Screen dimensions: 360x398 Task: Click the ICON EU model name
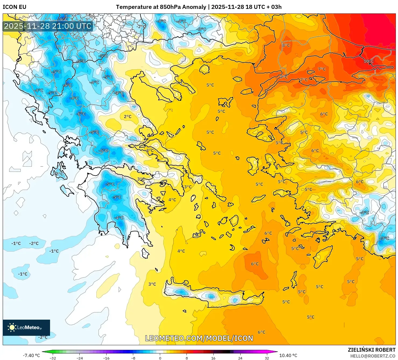tap(15, 7)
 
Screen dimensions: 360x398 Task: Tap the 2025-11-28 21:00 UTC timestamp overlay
tap(48, 26)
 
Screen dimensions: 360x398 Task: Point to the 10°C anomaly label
tap(368, 61)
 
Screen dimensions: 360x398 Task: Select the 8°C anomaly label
tap(286, 45)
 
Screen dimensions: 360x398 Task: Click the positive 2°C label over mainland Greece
tap(128, 117)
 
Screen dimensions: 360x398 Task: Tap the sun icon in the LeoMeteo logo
tap(12, 327)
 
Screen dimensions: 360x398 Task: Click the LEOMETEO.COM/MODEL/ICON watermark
tap(199, 338)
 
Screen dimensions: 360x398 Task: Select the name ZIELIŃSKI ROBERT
tap(372, 350)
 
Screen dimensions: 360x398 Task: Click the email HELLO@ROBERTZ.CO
tap(373, 356)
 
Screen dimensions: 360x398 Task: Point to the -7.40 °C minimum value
tap(31, 355)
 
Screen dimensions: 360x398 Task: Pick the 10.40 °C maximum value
tap(288, 355)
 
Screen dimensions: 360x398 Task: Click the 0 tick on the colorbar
tap(160, 358)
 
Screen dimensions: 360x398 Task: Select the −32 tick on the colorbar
tap(53, 358)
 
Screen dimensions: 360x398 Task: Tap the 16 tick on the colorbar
tap(213, 358)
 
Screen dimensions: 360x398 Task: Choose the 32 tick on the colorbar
tap(267, 358)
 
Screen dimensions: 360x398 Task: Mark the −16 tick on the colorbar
tap(107, 358)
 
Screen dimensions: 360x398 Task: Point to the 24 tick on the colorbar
tap(240, 358)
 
